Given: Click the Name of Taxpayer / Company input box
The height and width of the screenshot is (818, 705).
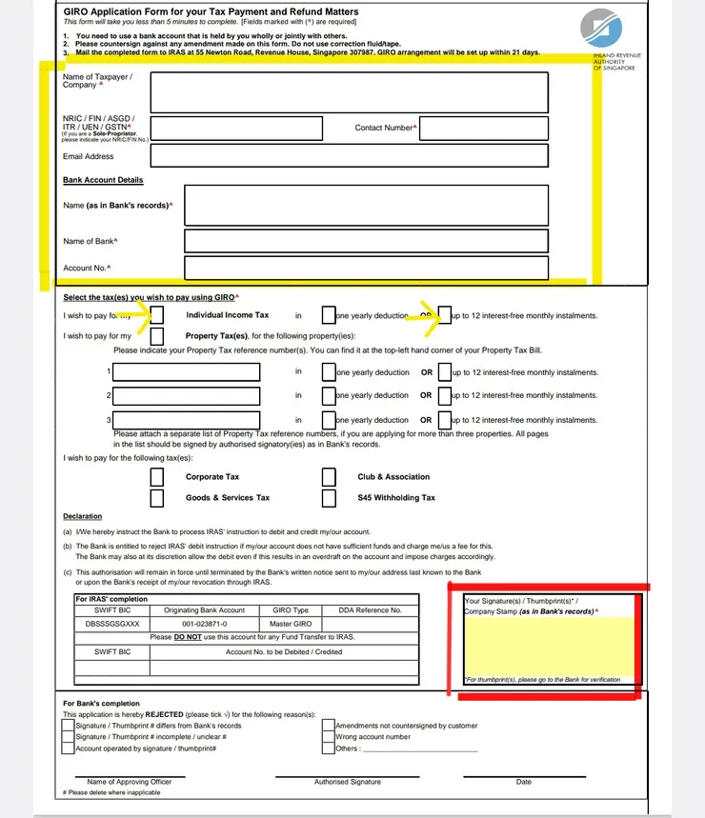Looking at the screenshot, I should point(349,91).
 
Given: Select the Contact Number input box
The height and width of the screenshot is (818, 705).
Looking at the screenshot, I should point(484,128).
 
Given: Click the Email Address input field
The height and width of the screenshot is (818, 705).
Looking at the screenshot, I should point(349,156).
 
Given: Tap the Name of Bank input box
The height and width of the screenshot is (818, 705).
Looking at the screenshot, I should point(366,241).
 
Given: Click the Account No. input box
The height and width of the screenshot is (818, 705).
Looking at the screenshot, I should point(366,268).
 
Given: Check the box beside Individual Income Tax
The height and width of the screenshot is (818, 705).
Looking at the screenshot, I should point(158,315).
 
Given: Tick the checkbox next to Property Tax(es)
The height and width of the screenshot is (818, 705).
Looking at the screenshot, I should point(158,336).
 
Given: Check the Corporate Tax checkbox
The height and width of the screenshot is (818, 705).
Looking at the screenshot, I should point(158,477).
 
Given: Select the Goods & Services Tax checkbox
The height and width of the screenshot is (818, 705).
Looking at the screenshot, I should point(158,497).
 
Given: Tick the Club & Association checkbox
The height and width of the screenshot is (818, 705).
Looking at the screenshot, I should point(329,477).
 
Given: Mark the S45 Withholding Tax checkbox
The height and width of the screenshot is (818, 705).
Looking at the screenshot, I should point(329,497).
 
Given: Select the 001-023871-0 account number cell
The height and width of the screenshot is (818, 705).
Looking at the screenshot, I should point(205,624).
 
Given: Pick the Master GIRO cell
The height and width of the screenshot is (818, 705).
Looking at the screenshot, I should point(291,624).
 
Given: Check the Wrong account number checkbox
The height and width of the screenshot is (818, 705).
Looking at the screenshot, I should point(330,737).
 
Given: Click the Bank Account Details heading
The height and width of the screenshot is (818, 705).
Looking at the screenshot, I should point(103,180).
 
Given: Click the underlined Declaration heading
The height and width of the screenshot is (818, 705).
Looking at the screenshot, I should point(83,516).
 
